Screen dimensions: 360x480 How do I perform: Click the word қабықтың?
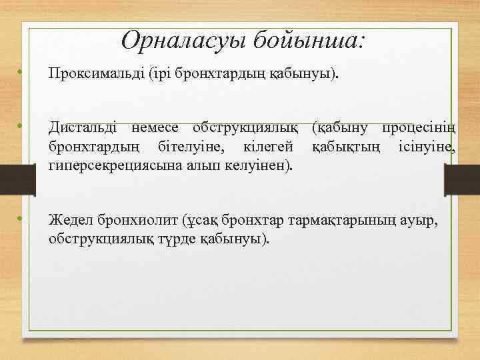click(343, 145)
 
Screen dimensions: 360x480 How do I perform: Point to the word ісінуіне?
click(427, 145)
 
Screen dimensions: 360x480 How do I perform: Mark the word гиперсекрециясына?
click(107, 164)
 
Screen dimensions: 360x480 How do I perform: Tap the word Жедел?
click(69, 220)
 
